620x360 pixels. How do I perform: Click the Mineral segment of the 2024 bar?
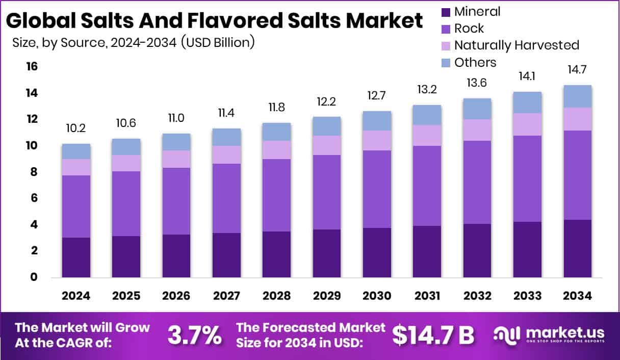(x=76, y=258)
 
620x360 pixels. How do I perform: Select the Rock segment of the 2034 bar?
(x=577, y=175)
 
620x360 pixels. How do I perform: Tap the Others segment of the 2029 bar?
(x=327, y=126)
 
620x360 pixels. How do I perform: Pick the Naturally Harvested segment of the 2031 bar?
(x=427, y=135)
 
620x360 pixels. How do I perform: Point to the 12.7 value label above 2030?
(x=377, y=95)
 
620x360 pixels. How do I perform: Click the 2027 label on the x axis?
(x=226, y=296)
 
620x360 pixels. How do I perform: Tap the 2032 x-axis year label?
(x=477, y=296)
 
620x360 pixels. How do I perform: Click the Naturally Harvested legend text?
(x=516, y=45)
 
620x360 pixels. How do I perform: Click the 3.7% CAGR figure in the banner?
(x=194, y=335)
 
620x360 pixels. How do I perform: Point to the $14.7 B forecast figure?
(x=433, y=335)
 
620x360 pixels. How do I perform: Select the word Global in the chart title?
(x=39, y=21)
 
